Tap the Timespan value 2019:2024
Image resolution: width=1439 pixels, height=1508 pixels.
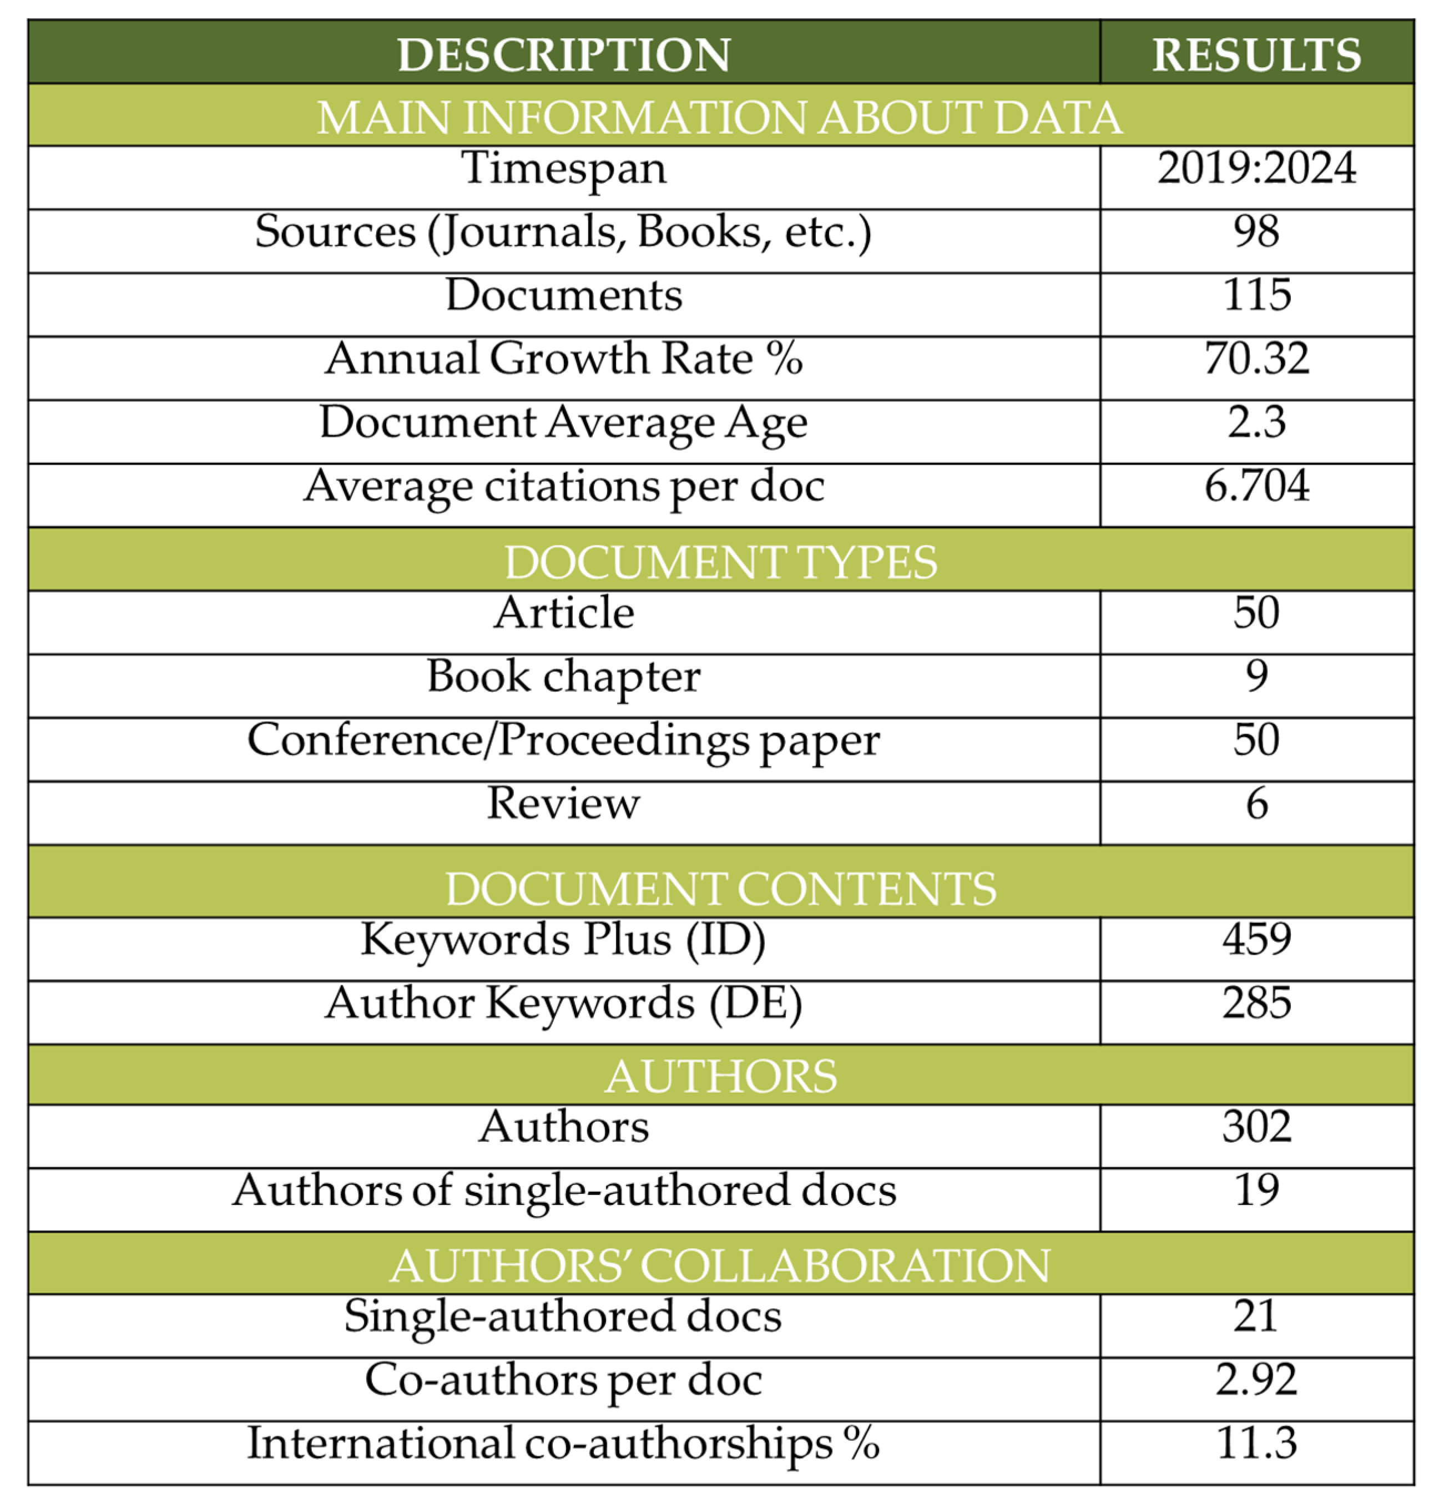(x=1256, y=168)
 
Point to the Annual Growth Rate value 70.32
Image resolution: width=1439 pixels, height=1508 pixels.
(x=1256, y=358)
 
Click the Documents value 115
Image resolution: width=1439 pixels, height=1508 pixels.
(x=1256, y=295)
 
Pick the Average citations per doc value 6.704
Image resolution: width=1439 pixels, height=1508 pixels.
(x=1256, y=486)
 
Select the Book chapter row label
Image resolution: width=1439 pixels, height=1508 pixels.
(x=563, y=677)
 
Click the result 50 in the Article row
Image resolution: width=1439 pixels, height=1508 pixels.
(x=1256, y=612)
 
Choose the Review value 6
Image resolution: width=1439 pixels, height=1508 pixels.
(x=1256, y=803)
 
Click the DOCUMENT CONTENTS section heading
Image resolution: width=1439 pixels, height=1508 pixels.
(x=720, y=889)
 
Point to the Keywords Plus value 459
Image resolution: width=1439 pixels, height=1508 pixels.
(x=1256, y=939)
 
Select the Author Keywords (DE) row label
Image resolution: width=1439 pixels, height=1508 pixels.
(x=563, y=1003)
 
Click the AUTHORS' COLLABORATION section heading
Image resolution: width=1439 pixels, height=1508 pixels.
(x=720, y=1265)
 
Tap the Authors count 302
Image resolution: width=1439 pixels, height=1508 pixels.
(x=1256, y=1127)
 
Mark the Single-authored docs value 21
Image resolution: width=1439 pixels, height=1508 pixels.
(x=1256, y=1317)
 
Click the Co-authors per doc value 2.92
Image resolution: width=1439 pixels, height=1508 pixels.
(x=1256, y=1379)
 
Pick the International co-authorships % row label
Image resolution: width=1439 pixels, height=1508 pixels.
(x=563, y=1444)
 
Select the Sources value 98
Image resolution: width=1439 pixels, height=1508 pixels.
(x=1256, y=231)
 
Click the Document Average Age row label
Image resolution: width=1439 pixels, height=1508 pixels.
(x=563, y=422)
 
